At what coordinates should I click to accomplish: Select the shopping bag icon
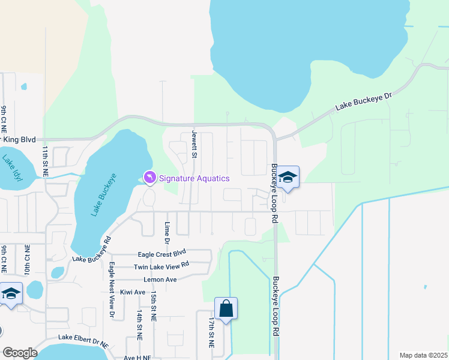(x=226, y=310)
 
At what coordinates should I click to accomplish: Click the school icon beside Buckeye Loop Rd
(x=289, y=178)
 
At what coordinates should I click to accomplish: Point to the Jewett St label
(x=194, y=145)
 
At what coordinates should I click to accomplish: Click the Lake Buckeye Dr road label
(x=363, y=101)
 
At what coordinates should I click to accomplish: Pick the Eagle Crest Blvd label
(x=162, y=254)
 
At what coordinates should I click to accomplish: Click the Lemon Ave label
(x=160, y=280)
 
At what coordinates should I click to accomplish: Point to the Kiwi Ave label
(x=132, y=292)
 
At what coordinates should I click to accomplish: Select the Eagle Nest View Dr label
(x=112, y=289)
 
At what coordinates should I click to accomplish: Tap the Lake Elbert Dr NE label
(x=83, y=341)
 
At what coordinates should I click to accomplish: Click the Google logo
(x=20, y=353)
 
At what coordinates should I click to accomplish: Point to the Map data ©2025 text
(x=423, y=355)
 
